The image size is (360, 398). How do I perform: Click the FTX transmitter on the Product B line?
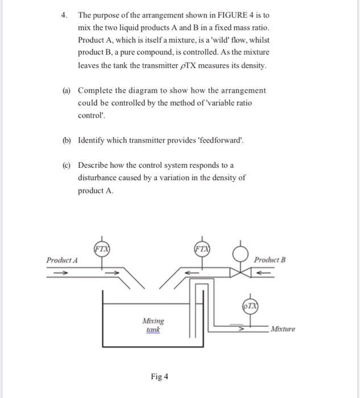click(201, 248)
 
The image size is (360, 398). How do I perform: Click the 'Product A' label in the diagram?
click(63, 260)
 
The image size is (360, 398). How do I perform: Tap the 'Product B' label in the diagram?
click(270, 260)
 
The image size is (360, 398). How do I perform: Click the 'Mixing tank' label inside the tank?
click(152, 325)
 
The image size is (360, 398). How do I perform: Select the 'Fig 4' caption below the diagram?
click(159, 376)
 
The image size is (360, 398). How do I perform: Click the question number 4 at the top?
click(64, 15)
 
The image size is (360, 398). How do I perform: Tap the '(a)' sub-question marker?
click(67, 90)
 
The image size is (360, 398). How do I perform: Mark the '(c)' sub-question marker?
click(67, 165)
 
